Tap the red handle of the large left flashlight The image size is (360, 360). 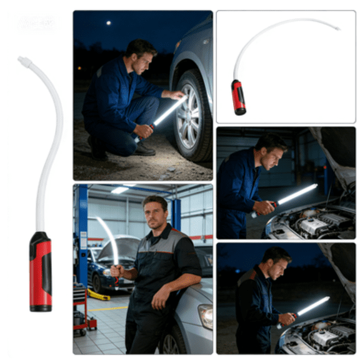click(41, 272)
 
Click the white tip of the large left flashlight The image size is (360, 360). click(24, 61)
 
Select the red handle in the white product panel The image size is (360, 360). click(239, 97)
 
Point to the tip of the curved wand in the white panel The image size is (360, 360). click(337, 29)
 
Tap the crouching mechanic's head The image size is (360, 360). click(141, 56)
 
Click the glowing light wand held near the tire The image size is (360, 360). click(167, 112)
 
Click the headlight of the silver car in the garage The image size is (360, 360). click(206, 316)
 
